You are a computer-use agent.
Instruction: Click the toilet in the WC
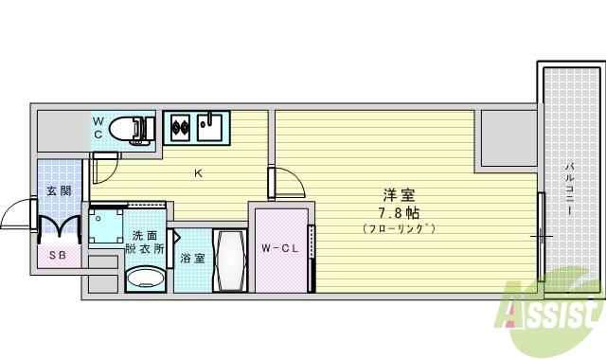tap(129, 128)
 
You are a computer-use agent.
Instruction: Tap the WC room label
tap(98, 127)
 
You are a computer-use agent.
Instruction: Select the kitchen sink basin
tap(210, 127)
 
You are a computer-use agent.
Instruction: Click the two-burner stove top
tap(179, 127)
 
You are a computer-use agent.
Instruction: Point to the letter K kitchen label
tap(198, 172)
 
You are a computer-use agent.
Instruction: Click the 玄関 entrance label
tap(58, 190)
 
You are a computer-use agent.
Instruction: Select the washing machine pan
tap(107, 227)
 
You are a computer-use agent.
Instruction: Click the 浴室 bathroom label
tap(192, 258)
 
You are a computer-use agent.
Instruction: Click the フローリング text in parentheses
tap(398, 228)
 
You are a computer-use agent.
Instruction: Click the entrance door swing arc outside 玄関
tap(16, 215)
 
